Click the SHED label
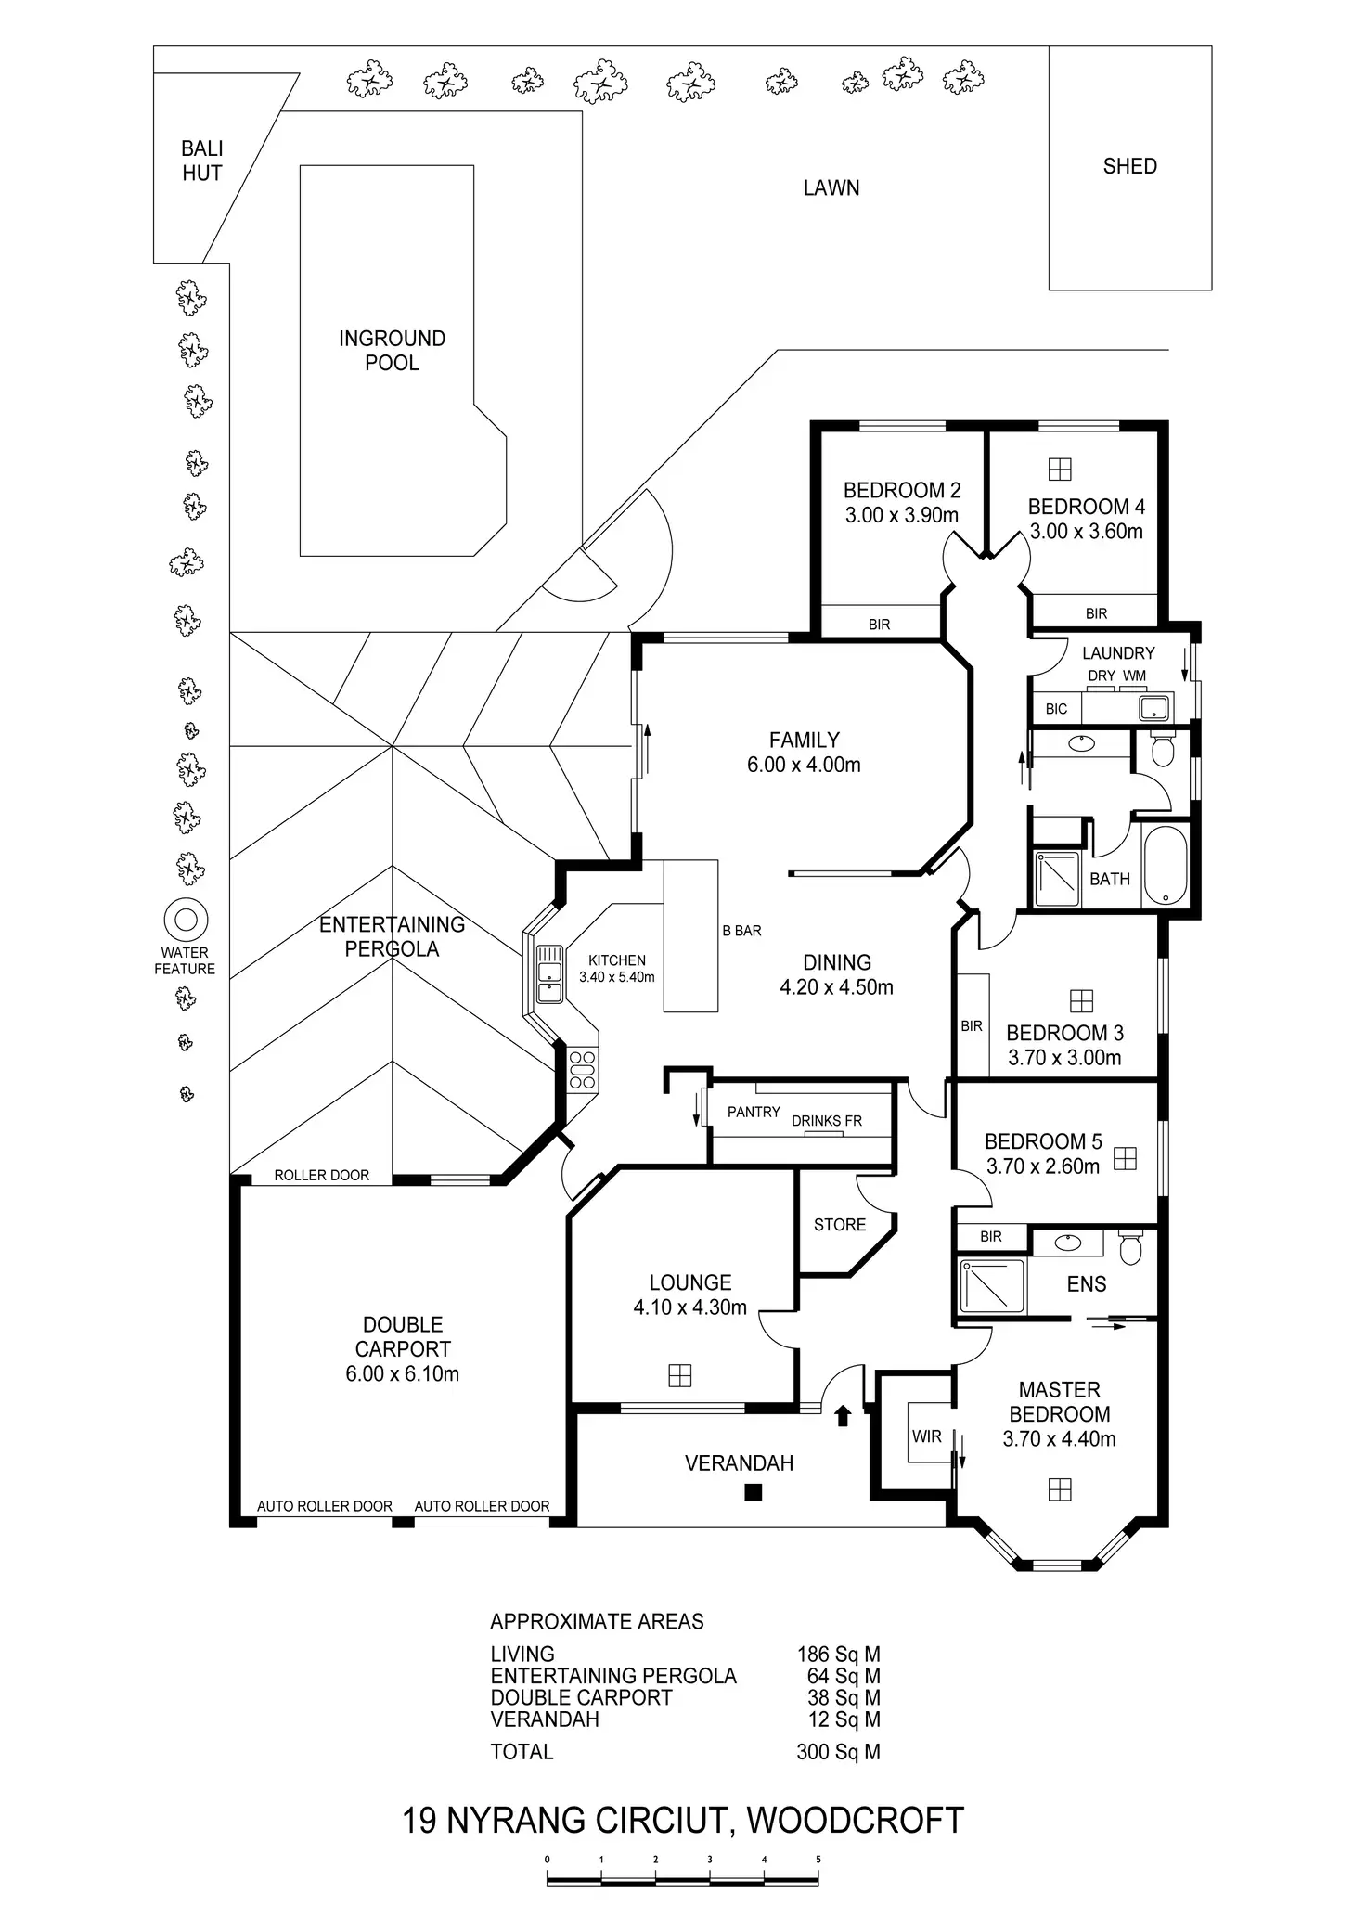tap(1129, 166)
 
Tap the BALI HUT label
tap(202, 161)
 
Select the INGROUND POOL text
tap(392, 351)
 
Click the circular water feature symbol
tap(186, 920)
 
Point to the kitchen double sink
tap(549, 973)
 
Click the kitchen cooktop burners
tap(583, 1069)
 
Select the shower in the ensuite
tap(992, 1285)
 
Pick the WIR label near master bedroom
tap(926, 1436)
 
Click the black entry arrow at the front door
tap(843, 1415)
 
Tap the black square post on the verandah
tap(754, 1492)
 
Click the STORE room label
tap(840, 1225)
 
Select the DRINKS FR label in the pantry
tap(827, 1121)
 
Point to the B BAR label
tap(741, 931)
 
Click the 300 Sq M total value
tap(838, 1752)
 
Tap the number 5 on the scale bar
tap(818, 1859)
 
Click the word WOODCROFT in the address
tap(856, 1821)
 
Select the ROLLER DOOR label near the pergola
tap(321, 1175)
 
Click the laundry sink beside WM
tap(1153, 709)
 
